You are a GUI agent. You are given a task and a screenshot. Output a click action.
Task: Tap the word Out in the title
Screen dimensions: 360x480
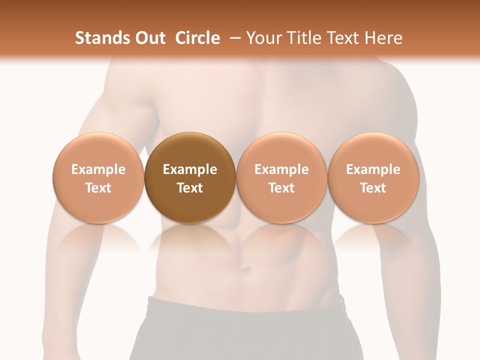pyautogui.click(x=146, y=38)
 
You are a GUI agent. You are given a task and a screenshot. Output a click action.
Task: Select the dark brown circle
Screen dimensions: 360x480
pyautogui.click(x=189, y=177)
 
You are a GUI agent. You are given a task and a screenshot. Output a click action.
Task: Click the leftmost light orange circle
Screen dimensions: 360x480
pyautogui.click(x=98, y=177)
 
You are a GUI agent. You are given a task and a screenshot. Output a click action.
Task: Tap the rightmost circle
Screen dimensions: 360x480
pyautogui.click(x=373, y=177)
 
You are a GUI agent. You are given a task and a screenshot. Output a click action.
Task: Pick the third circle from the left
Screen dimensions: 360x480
pyautogui.click(x=281, y=177)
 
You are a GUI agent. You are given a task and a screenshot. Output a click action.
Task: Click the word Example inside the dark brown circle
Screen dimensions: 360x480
pyautogui.click(x=190, y=169)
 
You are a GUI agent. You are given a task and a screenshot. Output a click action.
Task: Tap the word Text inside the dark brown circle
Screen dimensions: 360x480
pyautogui.click(x=190, y=188)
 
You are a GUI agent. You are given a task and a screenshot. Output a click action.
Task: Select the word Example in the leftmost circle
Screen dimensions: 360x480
pyautogui.click(x=98, y=169)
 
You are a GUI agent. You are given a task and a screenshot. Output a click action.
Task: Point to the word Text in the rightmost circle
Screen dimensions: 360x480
pyautogui.click(x=373, y=188)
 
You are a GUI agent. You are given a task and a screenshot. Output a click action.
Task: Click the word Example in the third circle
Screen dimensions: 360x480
pyautogui.click(x=281, y=169)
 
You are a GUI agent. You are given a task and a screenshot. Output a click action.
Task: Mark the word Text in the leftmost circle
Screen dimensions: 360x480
pyautogui.click(x=98, y=188)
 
